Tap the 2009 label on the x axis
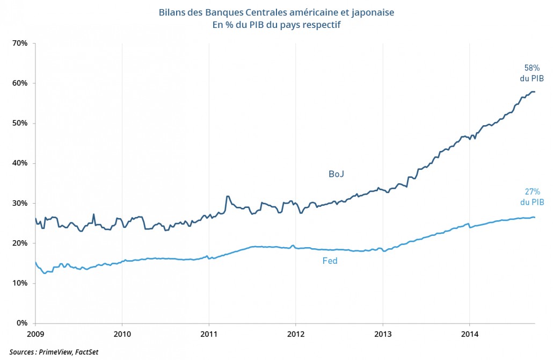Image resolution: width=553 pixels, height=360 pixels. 35,334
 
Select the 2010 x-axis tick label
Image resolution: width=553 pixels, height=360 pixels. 122,334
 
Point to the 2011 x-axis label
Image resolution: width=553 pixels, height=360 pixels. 209,334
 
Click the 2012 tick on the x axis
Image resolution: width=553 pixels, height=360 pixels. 295,334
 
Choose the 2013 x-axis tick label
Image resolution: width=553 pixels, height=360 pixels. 382,334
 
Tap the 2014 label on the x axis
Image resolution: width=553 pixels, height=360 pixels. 469,334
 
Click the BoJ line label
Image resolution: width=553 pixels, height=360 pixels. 337,174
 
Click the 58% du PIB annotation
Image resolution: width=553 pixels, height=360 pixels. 532,73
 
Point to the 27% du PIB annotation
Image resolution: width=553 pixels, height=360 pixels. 532,197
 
